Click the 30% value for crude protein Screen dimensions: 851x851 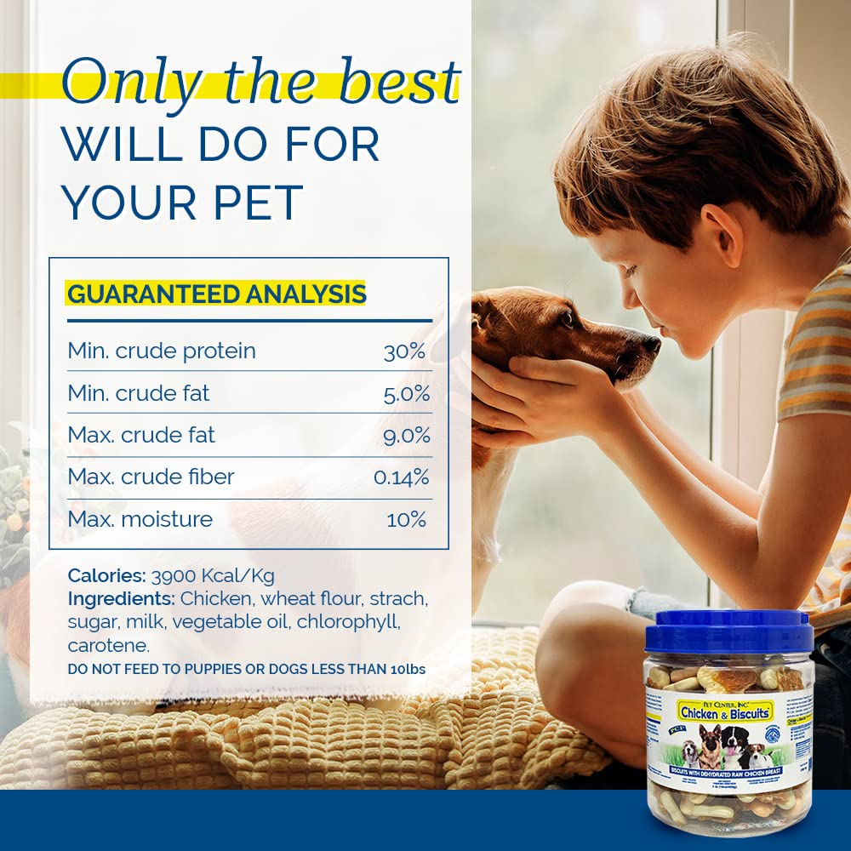point(404,351)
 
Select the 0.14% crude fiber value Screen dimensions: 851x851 point(402,477)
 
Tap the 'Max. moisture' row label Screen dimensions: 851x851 point(140,519)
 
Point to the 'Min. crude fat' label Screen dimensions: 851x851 point(138,393)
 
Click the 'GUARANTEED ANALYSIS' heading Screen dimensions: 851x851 point(216,294)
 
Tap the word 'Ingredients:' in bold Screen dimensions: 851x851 point(122,598)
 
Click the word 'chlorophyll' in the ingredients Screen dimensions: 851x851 point(347,621)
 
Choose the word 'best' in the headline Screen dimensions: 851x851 point(403,83)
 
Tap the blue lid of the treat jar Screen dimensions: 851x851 point(728,631)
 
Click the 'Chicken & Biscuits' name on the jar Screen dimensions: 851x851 point(725,711)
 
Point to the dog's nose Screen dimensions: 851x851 point(651,344)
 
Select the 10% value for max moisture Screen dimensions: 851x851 point(407,519)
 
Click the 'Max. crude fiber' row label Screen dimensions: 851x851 point(151,477)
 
